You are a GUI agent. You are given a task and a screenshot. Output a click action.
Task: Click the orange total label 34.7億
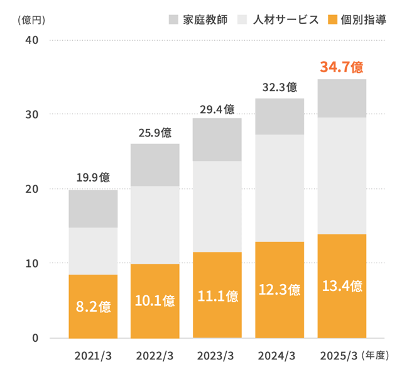[342, 66]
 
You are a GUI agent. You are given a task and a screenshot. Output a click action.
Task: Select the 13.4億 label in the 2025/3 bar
[342, 287]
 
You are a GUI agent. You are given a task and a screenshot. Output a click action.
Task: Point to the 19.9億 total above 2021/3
[93, 177]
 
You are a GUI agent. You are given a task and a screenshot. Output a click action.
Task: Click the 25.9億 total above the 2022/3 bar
[155, 133]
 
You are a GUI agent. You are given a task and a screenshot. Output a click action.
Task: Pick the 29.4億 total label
[217, 108]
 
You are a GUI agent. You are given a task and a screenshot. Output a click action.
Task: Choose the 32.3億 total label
[280, 87]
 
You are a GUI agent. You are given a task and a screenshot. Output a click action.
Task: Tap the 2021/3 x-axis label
[93, 356]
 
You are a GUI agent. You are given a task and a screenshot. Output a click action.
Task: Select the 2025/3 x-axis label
[338, 356]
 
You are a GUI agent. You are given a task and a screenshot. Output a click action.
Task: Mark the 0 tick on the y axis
[36, 338]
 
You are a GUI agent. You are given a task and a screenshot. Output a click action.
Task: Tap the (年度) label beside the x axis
[377, 356]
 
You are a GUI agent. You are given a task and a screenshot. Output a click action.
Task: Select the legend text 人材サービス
[286, 19]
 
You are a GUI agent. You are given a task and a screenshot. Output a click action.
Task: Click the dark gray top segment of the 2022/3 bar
[155, 165]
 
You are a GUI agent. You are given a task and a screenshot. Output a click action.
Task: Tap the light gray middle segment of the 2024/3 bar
[280, 188]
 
